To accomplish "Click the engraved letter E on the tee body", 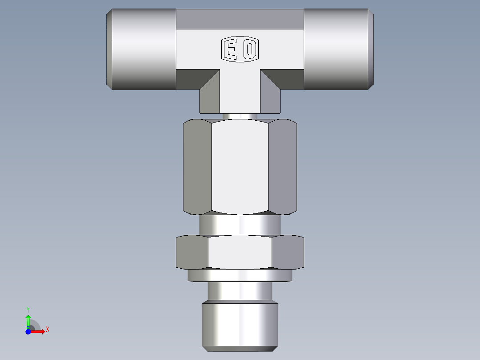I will (231, 49).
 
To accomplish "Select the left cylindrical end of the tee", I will (142, 49).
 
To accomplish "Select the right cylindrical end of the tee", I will (337, 49).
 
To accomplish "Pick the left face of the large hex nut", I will (197, 167).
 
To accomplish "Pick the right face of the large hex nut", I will (282, 167).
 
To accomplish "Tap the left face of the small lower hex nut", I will (192, 252).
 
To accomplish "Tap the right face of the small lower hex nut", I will (288, 252).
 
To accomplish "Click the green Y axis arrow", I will (28, 320).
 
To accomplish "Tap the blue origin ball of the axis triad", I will (28, 331).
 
